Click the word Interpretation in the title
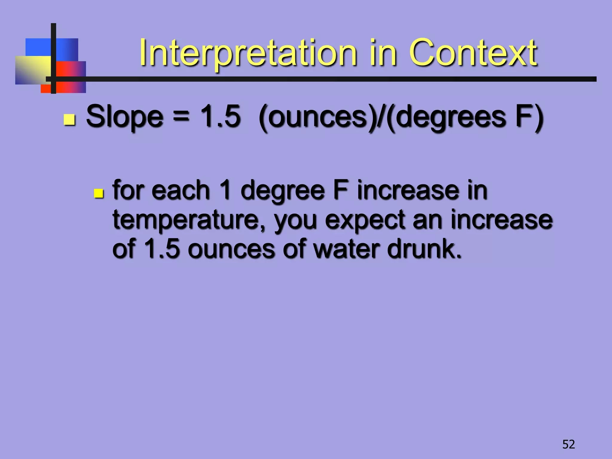pos(248,53)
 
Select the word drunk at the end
pos(424,249)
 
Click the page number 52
pos(568,444)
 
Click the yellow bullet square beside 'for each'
pos(98,193)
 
